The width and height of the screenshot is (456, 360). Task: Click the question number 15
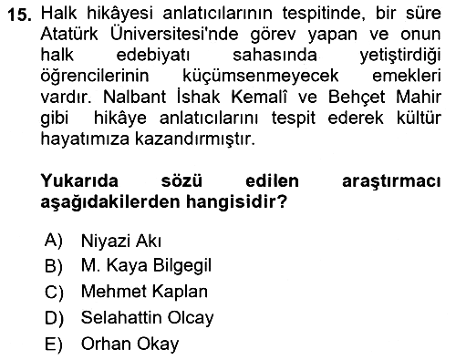(x=19, y=15)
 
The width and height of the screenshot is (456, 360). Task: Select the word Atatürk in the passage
(x=69, y=34)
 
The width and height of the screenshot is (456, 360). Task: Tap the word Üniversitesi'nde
(x=174, y=34)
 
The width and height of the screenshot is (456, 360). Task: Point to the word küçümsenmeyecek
(x=261, y=76)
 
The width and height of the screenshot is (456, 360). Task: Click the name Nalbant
(x=135, y=97)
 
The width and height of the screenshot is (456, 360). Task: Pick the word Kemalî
(x=259, y=97)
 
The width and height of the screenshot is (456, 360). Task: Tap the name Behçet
(x=357, y=98)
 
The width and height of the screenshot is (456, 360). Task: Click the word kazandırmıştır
(x=194, y=139)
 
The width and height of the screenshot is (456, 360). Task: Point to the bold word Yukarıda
(x=79, y=180)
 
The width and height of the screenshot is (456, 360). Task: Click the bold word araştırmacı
(x=391, y=182)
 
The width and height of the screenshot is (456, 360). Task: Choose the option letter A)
(x=54, y=241)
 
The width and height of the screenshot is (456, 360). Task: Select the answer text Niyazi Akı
(x=120, y=242)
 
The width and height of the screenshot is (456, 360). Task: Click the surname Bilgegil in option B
(x=181, y=266)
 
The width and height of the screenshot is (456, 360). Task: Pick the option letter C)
(x=54, y=293)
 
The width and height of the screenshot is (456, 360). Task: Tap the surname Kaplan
(x=180, y=293)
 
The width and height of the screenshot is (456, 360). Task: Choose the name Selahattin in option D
(x=121, y=317)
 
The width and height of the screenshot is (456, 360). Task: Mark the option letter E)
(x=54, y=345)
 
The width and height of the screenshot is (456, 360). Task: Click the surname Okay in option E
(x=158, y=345)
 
